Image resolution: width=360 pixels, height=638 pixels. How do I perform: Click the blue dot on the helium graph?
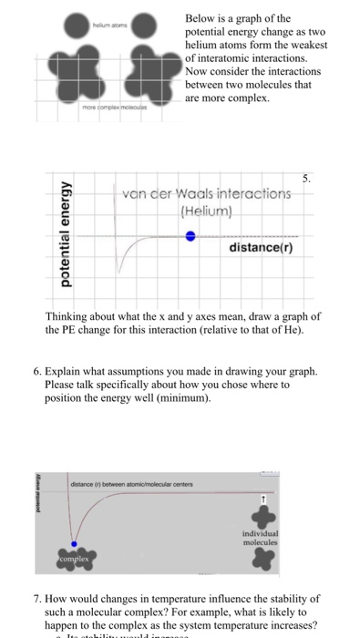tap(190, 235)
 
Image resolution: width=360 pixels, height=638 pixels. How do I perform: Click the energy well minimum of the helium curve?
tap(120, 270)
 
